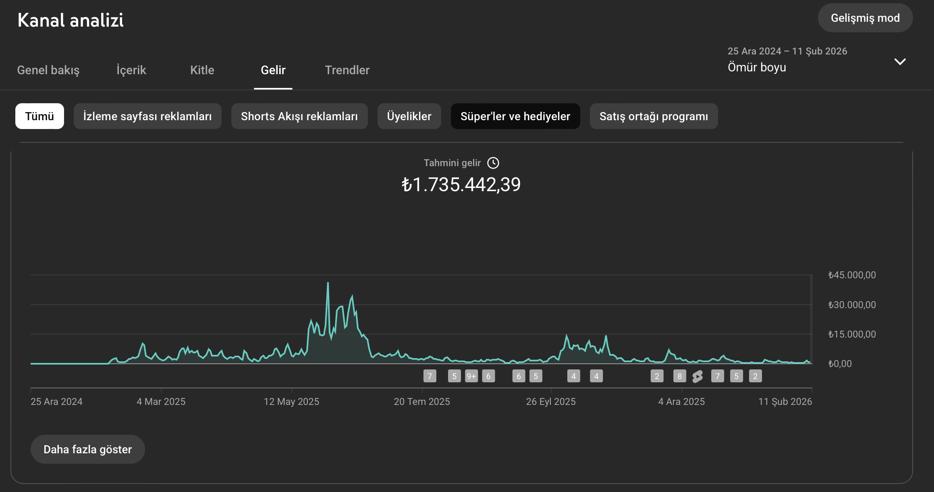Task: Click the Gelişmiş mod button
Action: point(865,18)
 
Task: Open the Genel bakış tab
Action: point(48,70)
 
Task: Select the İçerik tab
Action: point(131,70)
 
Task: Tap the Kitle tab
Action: point(202,70)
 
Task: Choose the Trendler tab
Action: point(347,70)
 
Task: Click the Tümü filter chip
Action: point(39,116)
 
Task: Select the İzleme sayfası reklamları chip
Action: point(147,116)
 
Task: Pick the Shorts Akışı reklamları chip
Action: point(299,116)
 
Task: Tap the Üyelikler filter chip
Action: point(409,116)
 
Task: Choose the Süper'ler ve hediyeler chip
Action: point(515,116)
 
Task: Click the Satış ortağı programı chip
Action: point(654,116)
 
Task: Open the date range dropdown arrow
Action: point(900,62)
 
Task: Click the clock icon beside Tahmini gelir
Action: point(493,163)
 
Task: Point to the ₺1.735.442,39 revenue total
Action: point(461,185)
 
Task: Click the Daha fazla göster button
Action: point(88,449)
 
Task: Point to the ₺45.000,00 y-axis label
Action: point(852,275)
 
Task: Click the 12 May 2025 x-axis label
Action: point(291,402)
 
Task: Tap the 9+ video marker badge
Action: point(471,376)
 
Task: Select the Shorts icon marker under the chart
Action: point(697,377)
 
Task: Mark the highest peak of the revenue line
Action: point(328,283)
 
